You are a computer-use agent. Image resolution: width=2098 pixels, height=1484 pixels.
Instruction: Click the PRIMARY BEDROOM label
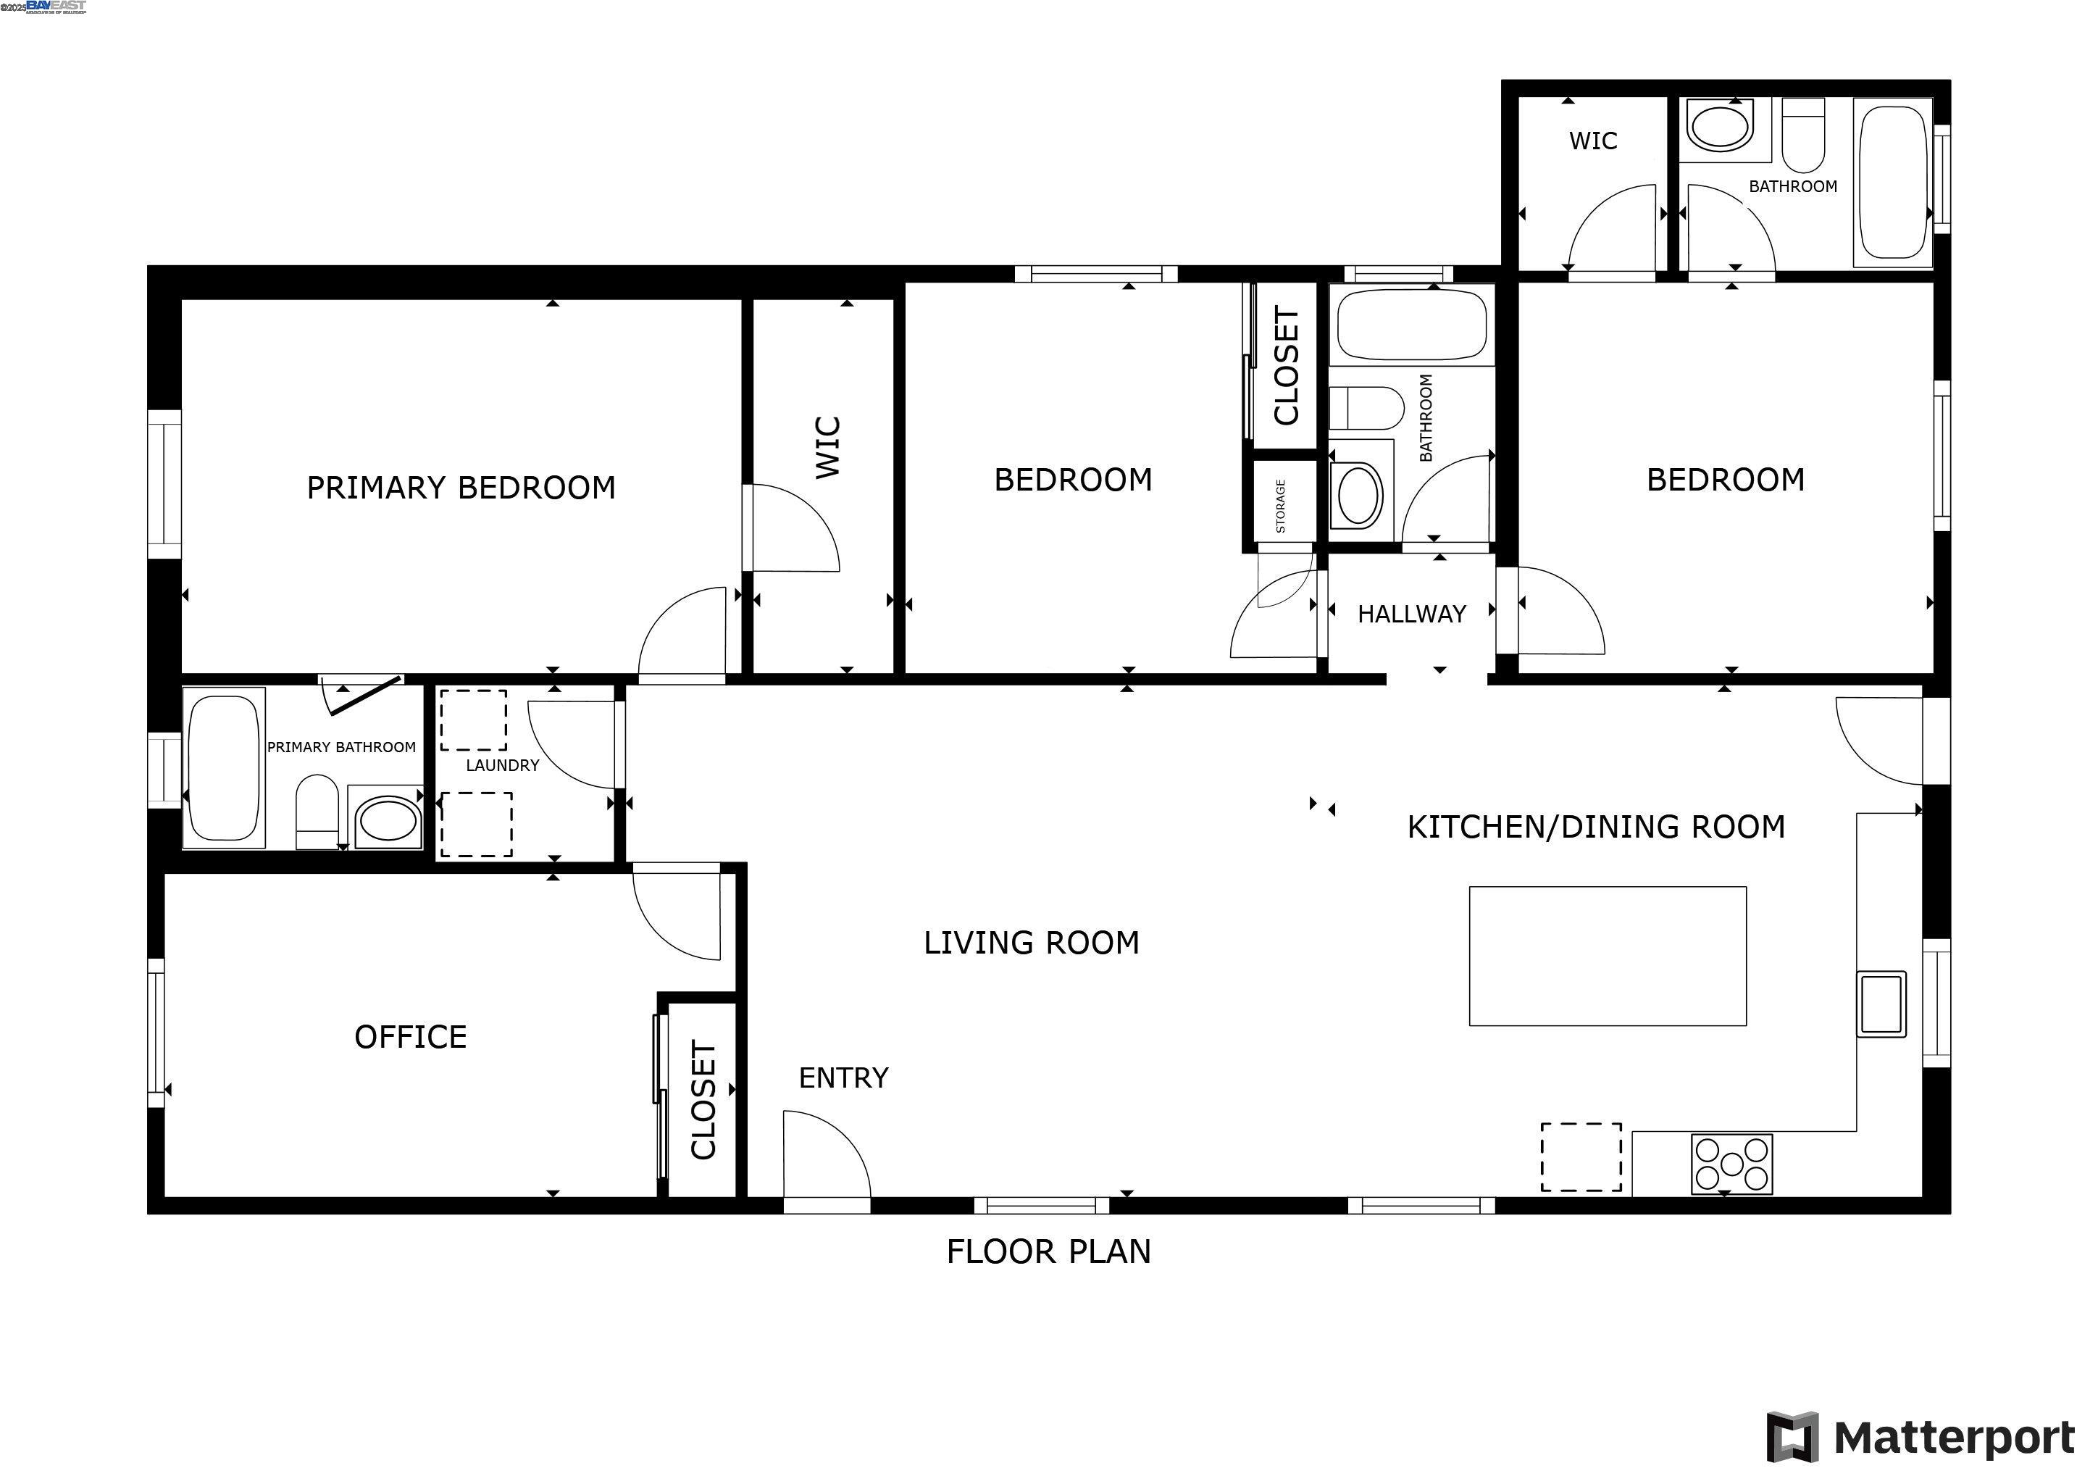click(461, 488)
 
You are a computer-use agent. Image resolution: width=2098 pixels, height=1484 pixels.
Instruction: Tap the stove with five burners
click(1731, 1164)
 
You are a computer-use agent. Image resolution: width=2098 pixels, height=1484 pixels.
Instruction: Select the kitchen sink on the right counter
click(1881, 1004)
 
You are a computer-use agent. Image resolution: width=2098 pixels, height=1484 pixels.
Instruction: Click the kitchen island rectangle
click(1608, 956)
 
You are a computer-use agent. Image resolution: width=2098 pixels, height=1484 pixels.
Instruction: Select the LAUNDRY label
click(503, 766)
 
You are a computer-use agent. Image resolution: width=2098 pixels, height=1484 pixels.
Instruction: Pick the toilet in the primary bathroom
click(317, 812)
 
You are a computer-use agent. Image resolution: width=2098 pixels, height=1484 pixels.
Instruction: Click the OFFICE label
click(410, 1037)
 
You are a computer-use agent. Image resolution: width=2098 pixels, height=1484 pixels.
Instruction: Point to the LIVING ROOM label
click(1032, 943)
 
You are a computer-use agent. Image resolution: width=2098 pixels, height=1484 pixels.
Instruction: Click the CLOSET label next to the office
click(703, 1100)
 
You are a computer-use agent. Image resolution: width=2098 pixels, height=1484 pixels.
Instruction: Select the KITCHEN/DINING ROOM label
click(1595, 827)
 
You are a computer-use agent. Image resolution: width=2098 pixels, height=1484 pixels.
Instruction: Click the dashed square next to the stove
click(1581, 1157)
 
